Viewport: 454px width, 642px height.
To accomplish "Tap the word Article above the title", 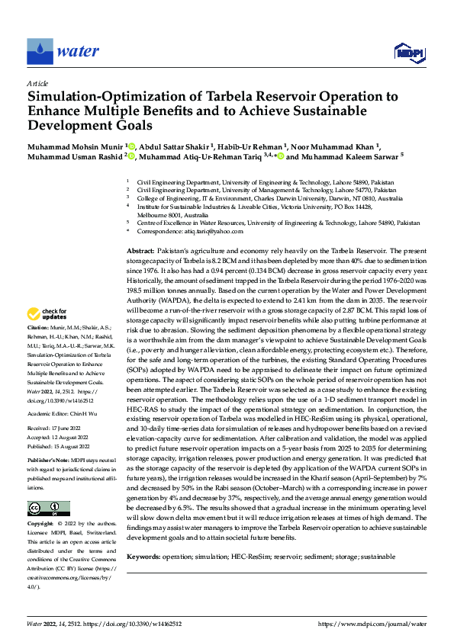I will [x=37, y=83].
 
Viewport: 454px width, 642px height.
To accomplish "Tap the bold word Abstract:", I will [x=141, y=250].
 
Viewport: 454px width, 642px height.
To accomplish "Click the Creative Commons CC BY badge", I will [x=48, y=509].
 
